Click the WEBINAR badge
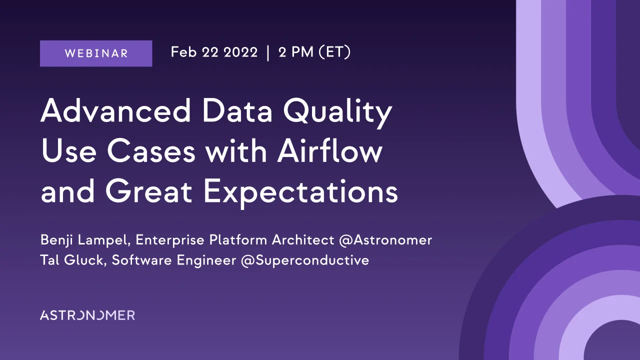(96, 53)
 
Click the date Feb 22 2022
(214, 52)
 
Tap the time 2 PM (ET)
(314, 52)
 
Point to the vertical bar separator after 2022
(268, 53)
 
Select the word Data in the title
(238, 112)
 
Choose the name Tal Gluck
(71, 260)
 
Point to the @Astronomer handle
(385, 240)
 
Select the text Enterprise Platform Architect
(235, 240)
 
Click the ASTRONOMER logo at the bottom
(87, 315)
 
